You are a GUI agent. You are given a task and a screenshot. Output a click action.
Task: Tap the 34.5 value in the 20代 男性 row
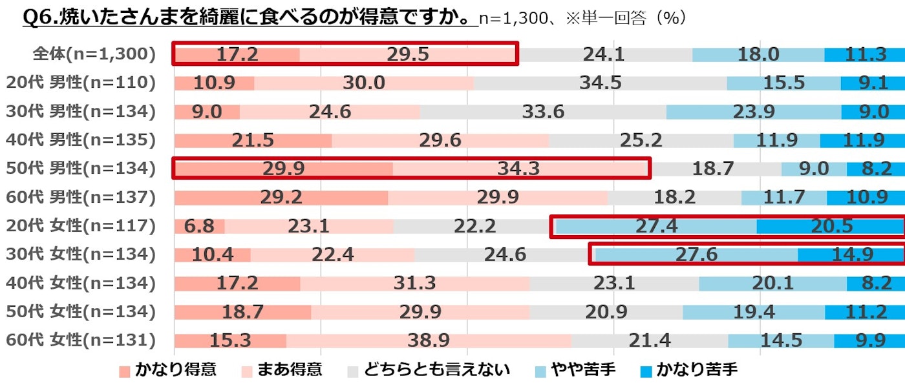point(601,83)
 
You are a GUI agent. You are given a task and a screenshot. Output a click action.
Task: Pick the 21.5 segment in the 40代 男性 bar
point(253,140)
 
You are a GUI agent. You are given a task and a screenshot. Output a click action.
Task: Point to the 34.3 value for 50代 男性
point(518,169)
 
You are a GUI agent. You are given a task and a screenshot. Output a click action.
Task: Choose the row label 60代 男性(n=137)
point(81,197)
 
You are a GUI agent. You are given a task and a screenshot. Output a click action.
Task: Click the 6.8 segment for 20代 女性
point(198,226)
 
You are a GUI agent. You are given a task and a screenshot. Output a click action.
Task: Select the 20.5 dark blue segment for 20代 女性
point(830,226)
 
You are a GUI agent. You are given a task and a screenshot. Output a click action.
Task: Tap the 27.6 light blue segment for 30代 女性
point(696,255)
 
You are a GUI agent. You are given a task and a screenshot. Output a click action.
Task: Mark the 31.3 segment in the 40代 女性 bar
point(414,283)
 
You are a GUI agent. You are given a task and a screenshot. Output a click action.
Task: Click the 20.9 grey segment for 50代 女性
point(606,312)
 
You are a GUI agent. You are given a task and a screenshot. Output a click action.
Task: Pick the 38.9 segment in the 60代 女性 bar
point(429,340)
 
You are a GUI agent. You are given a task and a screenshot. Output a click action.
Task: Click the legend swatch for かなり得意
point(125,371)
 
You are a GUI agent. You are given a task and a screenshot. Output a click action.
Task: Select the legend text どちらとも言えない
point(437,370)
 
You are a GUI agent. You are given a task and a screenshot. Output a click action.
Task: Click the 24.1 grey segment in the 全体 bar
point(604,54)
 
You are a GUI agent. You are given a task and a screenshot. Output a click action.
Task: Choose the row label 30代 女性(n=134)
point(81,255)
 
